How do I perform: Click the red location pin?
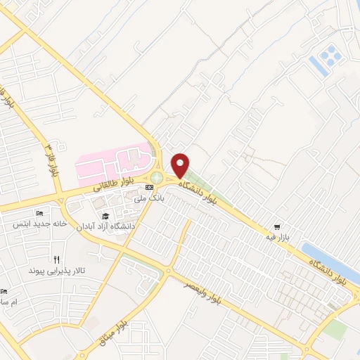click(181, 165)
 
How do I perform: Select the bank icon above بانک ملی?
click(148, 188)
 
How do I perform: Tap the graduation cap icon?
click(105, 216)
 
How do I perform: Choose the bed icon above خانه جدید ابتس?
click(38, 213)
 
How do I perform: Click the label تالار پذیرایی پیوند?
click(56, 270)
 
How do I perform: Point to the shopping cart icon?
click(278, 227)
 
